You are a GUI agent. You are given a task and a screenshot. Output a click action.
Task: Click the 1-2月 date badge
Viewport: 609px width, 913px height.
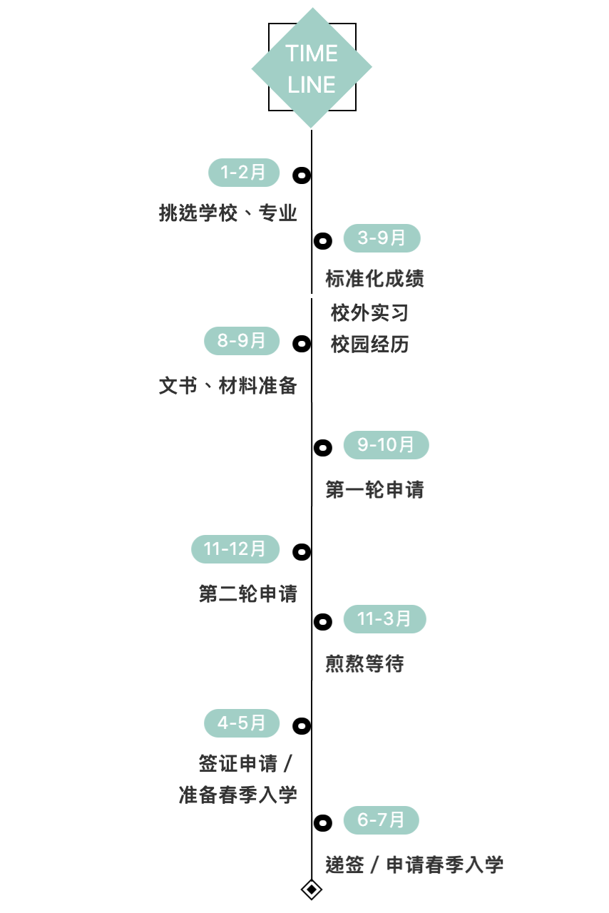[x=243, y=173]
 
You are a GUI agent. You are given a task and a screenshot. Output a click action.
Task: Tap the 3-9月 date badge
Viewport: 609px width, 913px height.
[x=382, y=238]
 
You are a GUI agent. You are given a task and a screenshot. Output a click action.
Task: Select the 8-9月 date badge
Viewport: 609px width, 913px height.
[x=242, y=341]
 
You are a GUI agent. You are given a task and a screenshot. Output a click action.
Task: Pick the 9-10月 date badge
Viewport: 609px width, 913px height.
[x=386, y=445]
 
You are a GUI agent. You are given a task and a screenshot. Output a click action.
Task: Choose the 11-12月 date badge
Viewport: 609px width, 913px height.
[x=235, y=549]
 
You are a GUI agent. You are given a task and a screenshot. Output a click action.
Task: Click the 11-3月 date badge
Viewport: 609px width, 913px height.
[x=384, y=619]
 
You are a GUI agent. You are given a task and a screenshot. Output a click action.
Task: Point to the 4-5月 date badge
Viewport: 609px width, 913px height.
[x=242, y=723]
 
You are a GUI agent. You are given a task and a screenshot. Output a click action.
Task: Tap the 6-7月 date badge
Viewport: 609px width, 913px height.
[x=381, y=820]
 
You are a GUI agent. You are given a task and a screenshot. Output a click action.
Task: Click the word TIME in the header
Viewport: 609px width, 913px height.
[x=312, y=53]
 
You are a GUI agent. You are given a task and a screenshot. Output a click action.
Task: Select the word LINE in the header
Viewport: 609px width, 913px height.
[x=312, y=85]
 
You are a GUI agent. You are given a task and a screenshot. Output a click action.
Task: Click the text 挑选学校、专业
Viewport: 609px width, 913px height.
[x=227, y=213]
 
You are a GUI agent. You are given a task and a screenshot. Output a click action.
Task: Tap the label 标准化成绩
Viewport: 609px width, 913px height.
[x=374, y=278]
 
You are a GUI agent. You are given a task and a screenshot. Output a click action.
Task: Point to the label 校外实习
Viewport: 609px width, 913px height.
[x=369, y=312]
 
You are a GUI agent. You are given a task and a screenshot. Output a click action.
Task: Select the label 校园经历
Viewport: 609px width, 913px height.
[x=369, y=345]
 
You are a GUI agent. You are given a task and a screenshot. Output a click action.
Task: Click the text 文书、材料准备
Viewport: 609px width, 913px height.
[x=227, y=386]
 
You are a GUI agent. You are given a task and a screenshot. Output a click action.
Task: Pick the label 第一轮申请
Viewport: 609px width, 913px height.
[x=374, y=490]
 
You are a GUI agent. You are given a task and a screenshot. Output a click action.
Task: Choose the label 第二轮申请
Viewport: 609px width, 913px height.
[x=247, y=594]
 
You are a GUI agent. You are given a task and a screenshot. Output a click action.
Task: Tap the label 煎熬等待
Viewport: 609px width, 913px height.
[x=364, y=664]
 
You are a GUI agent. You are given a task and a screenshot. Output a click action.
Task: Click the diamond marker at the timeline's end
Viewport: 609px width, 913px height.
[x=312, y=889]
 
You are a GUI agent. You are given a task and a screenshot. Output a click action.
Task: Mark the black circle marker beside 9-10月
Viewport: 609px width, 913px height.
[x=323, y=448]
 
